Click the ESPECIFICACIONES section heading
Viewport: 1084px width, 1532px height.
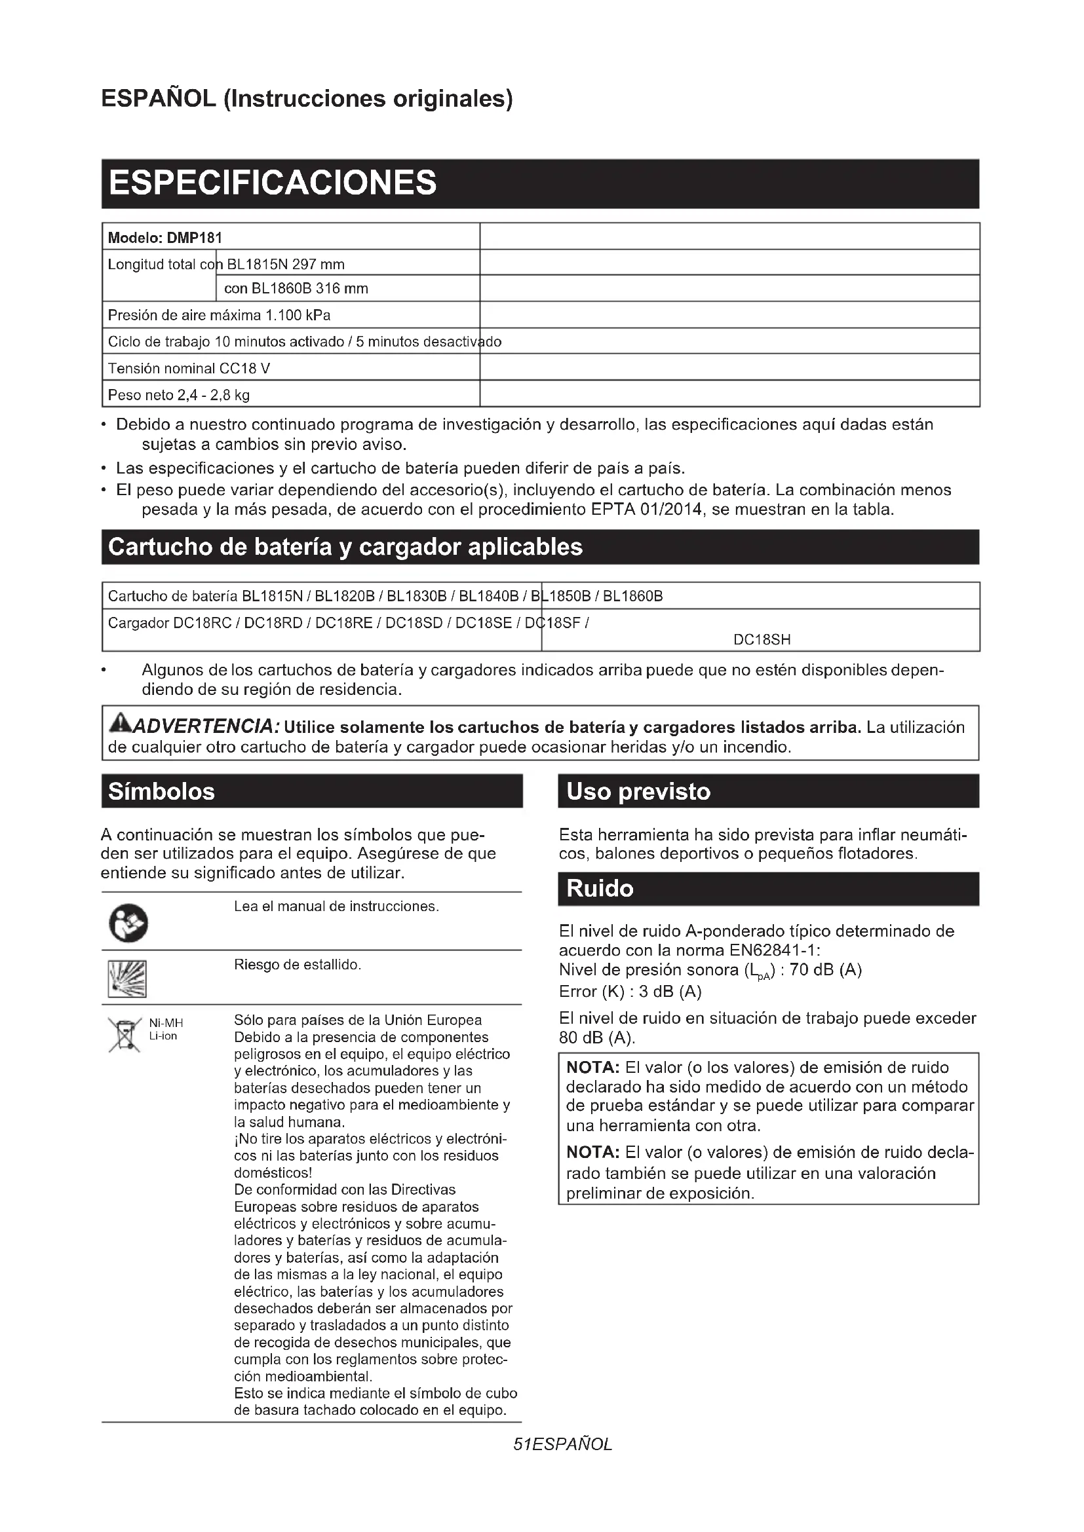click(273, 183)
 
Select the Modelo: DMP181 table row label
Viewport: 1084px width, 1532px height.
click(165, 238)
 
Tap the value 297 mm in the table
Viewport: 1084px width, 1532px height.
click(319, 264)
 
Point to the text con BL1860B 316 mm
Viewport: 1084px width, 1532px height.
click(296, 289)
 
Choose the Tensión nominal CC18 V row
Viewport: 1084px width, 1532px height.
click(189, 368)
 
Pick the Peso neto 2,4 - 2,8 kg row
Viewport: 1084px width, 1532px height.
click(179, 395)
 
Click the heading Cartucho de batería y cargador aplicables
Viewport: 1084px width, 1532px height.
click(345, 547)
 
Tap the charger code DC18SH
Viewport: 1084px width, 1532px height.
click(762, 639)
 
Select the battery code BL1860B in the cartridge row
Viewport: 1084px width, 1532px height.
click(633, 596)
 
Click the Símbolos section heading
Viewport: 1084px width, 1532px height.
click(161, 791)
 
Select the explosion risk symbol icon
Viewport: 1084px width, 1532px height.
click(127, 979)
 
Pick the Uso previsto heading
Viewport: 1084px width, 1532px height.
click(638, 791)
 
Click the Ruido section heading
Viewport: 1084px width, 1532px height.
click(600, 889)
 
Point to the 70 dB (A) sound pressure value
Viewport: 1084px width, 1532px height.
click(826, 969)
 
